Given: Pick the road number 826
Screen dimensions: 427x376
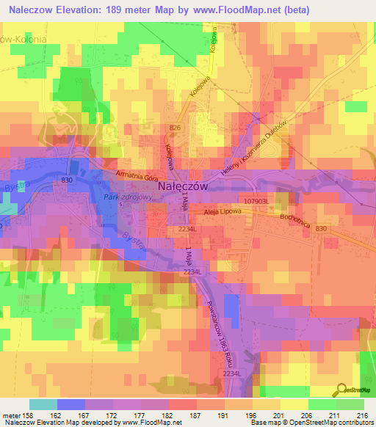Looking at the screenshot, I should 175,128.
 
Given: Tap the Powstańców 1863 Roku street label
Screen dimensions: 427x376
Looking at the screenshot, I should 222,313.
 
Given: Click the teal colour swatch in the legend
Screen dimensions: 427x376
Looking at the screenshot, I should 43,404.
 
